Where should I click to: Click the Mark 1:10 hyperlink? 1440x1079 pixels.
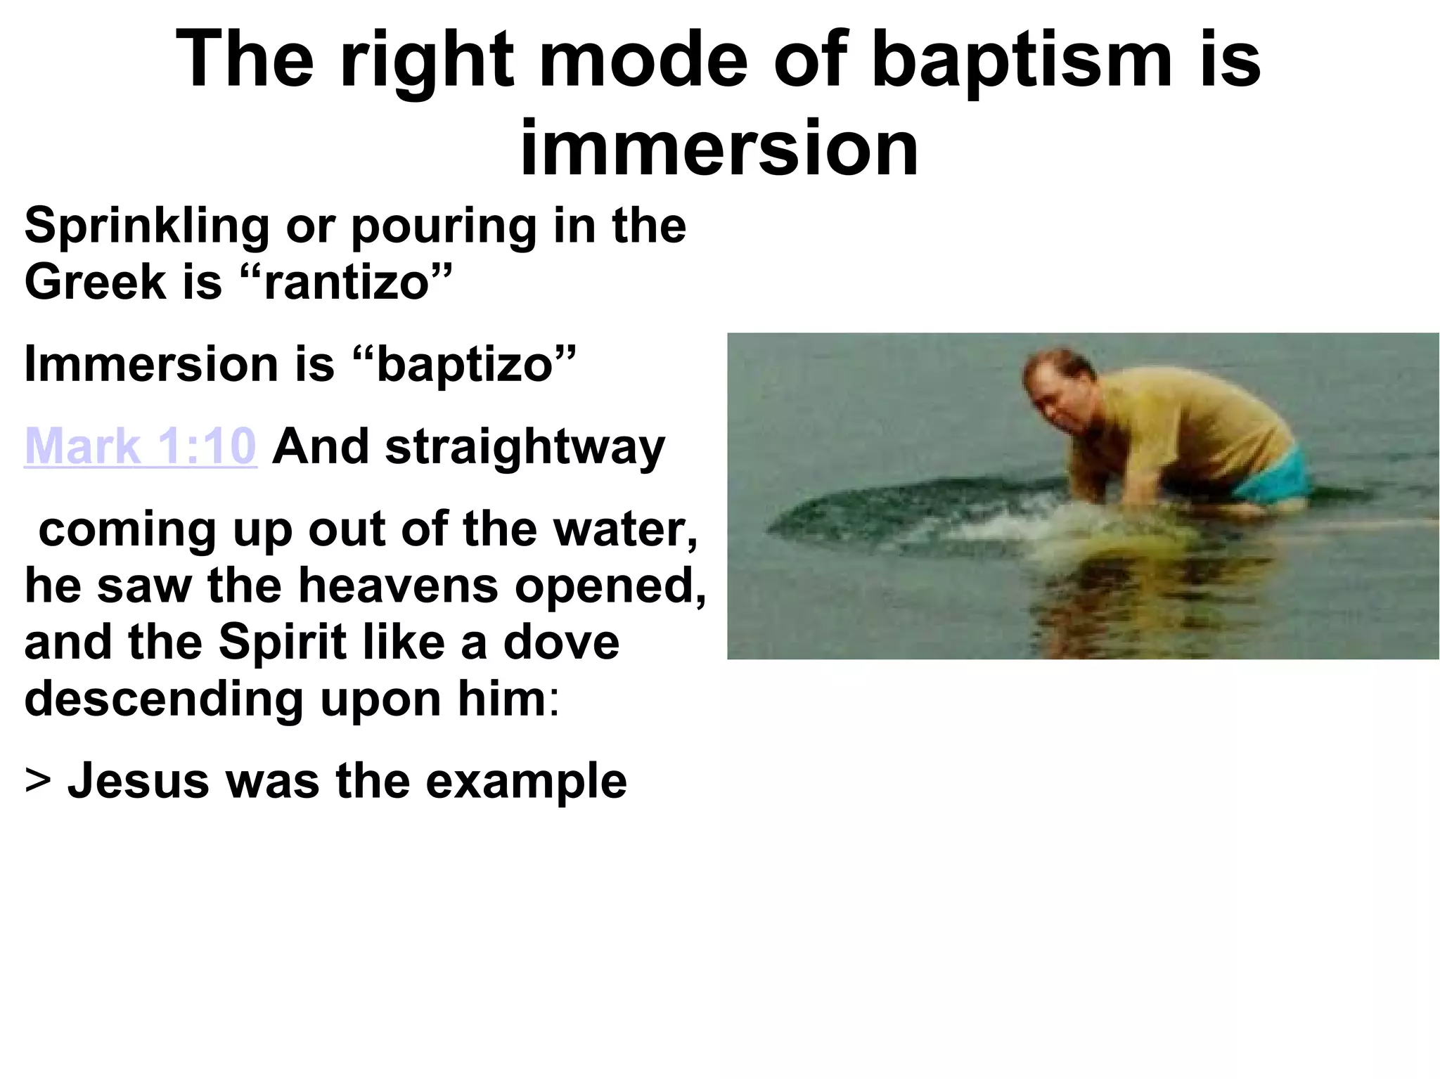pyautogui.click(x=140, y=446)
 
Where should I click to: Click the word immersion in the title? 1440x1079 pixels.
pyautogui.click(x=719, y=148)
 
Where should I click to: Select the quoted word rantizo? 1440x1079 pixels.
pyautogui.click(x=346, y=283)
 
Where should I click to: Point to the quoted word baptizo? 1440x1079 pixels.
pyautogui.click(x=464, y=366)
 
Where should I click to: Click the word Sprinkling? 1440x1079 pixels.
pyautogui.click(x=146, y=227)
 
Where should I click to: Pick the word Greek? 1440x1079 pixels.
pyautogui.click(x=95, y=283)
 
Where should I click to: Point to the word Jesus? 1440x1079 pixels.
pyautogui.click(x=138, y=781)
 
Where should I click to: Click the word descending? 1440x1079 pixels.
pyautogui.click(x=164, y=699)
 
